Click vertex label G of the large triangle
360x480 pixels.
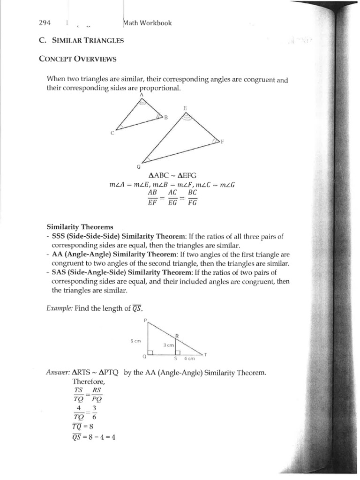click(x=139, y=166)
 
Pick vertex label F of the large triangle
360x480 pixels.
click(x=222, y=142)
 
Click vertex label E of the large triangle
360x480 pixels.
click(x=185, y=108)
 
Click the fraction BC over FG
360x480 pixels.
click(x=193, y=197)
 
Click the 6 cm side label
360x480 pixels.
click(x=135, y=341)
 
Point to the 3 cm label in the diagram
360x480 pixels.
click(x=169, y=345)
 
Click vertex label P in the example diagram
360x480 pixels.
click(x=146, y=321)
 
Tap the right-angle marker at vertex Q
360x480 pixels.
click(x=150, y=352)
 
